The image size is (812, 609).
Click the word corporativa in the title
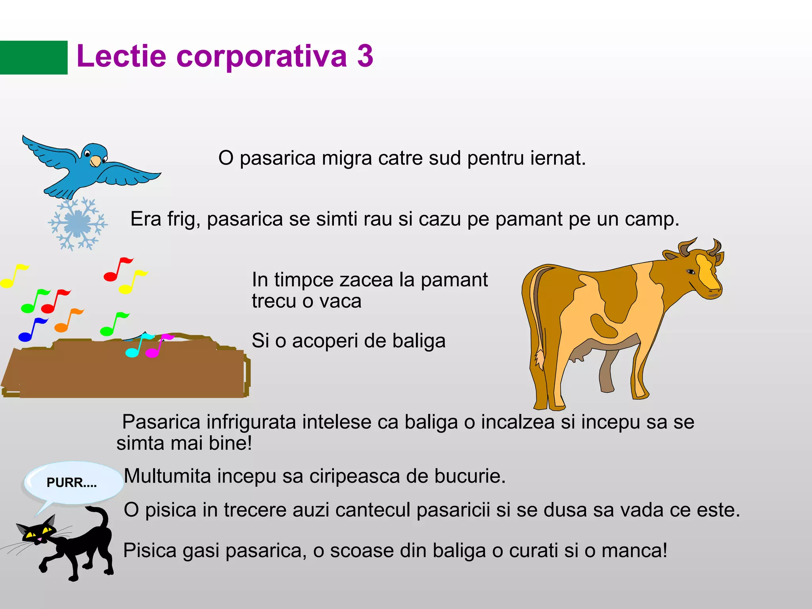pos(261,56)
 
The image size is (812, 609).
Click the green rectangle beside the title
pos(34,57)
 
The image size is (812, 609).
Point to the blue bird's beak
pos(95,161)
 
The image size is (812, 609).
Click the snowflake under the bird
pos(77,224)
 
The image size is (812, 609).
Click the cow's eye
pos(691,272)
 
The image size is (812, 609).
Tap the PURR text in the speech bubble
pos(71,483)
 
